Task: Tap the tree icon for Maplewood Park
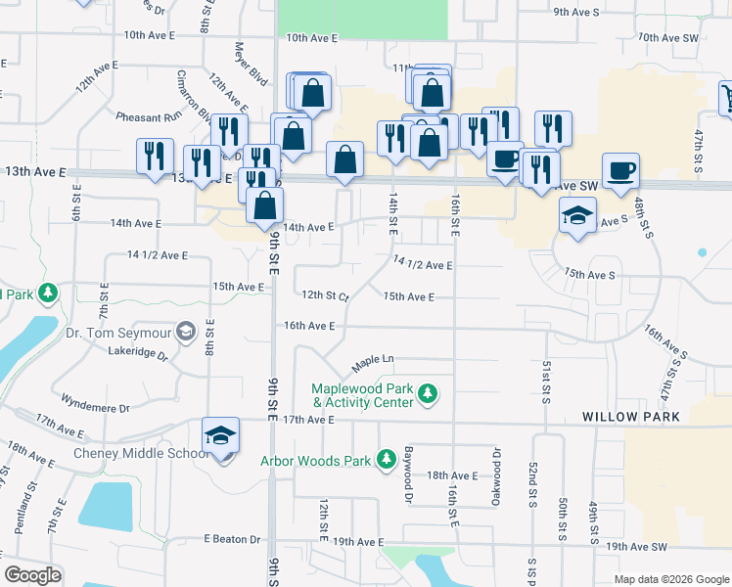point(427,395)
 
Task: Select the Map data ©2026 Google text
point(670,579)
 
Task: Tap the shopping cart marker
point(727,98)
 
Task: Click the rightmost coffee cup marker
point(620,172)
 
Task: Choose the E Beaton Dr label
point(232,539)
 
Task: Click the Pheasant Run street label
point(149,116)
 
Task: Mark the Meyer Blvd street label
point(251,63)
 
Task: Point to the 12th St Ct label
point(325,294)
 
